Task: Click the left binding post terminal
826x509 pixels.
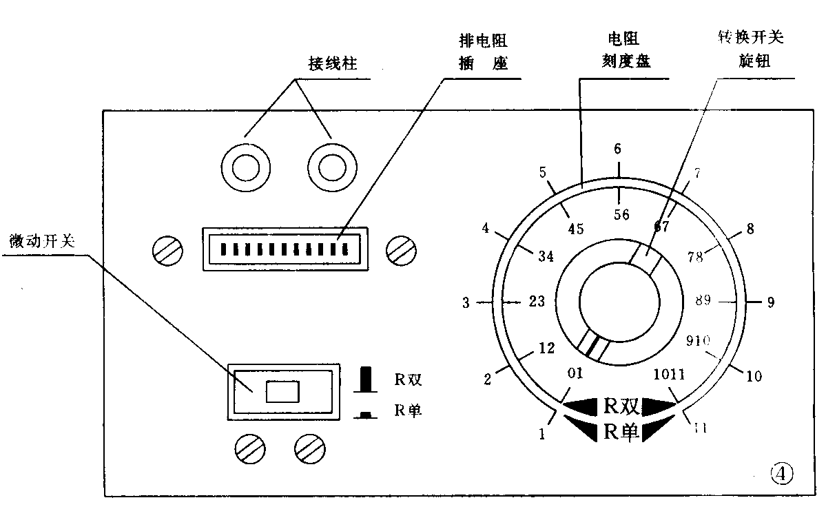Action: click(x=245, y=167)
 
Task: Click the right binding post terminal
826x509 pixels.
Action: click(x=331, y=167)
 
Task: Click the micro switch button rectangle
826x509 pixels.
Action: click(x=282, y=392)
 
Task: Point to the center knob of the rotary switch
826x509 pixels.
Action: click(x=620, y=302)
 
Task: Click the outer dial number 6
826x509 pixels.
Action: click(x=618, y=149)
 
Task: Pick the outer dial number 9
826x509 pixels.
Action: click(x=770, y=301)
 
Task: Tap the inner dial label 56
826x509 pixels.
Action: click(x=621, y=214)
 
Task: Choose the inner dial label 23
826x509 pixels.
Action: click(x=537, y=301)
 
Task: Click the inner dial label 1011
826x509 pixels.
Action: click(x=669, y=374)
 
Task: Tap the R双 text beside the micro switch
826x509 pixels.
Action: click(x=408, y=378)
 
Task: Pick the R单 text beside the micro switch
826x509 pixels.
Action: click(x=408, y=411)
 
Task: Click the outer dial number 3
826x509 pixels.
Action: click(x=466, y=302)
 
